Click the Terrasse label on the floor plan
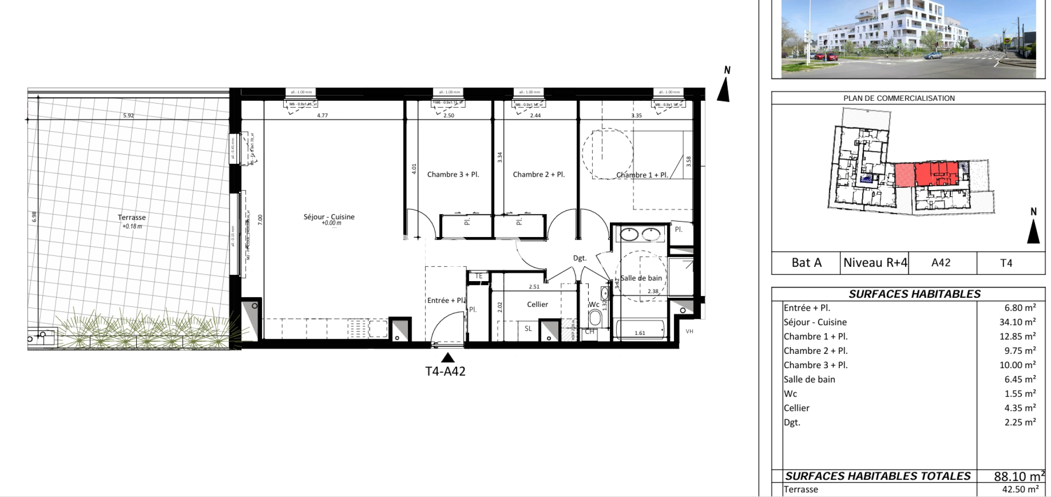click(132, 218)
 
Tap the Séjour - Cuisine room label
click(329, 217)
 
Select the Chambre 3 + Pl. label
click(453, 174)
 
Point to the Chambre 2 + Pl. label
click(539, 174)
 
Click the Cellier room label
click(537, 304)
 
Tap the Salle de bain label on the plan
click(641, 278)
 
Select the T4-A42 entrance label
click(445, 371)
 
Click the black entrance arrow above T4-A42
click(448, 358)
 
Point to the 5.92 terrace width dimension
click(128, 116)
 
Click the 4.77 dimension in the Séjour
click(322, 116)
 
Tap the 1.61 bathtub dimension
click(640, 333)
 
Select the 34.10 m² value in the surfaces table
click(1017, 322)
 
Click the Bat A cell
click(806, 263)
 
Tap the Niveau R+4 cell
click(875, 263)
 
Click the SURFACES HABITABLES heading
click(914, 294)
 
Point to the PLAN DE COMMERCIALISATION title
click(899, 98)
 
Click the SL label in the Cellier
click(528, 329)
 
